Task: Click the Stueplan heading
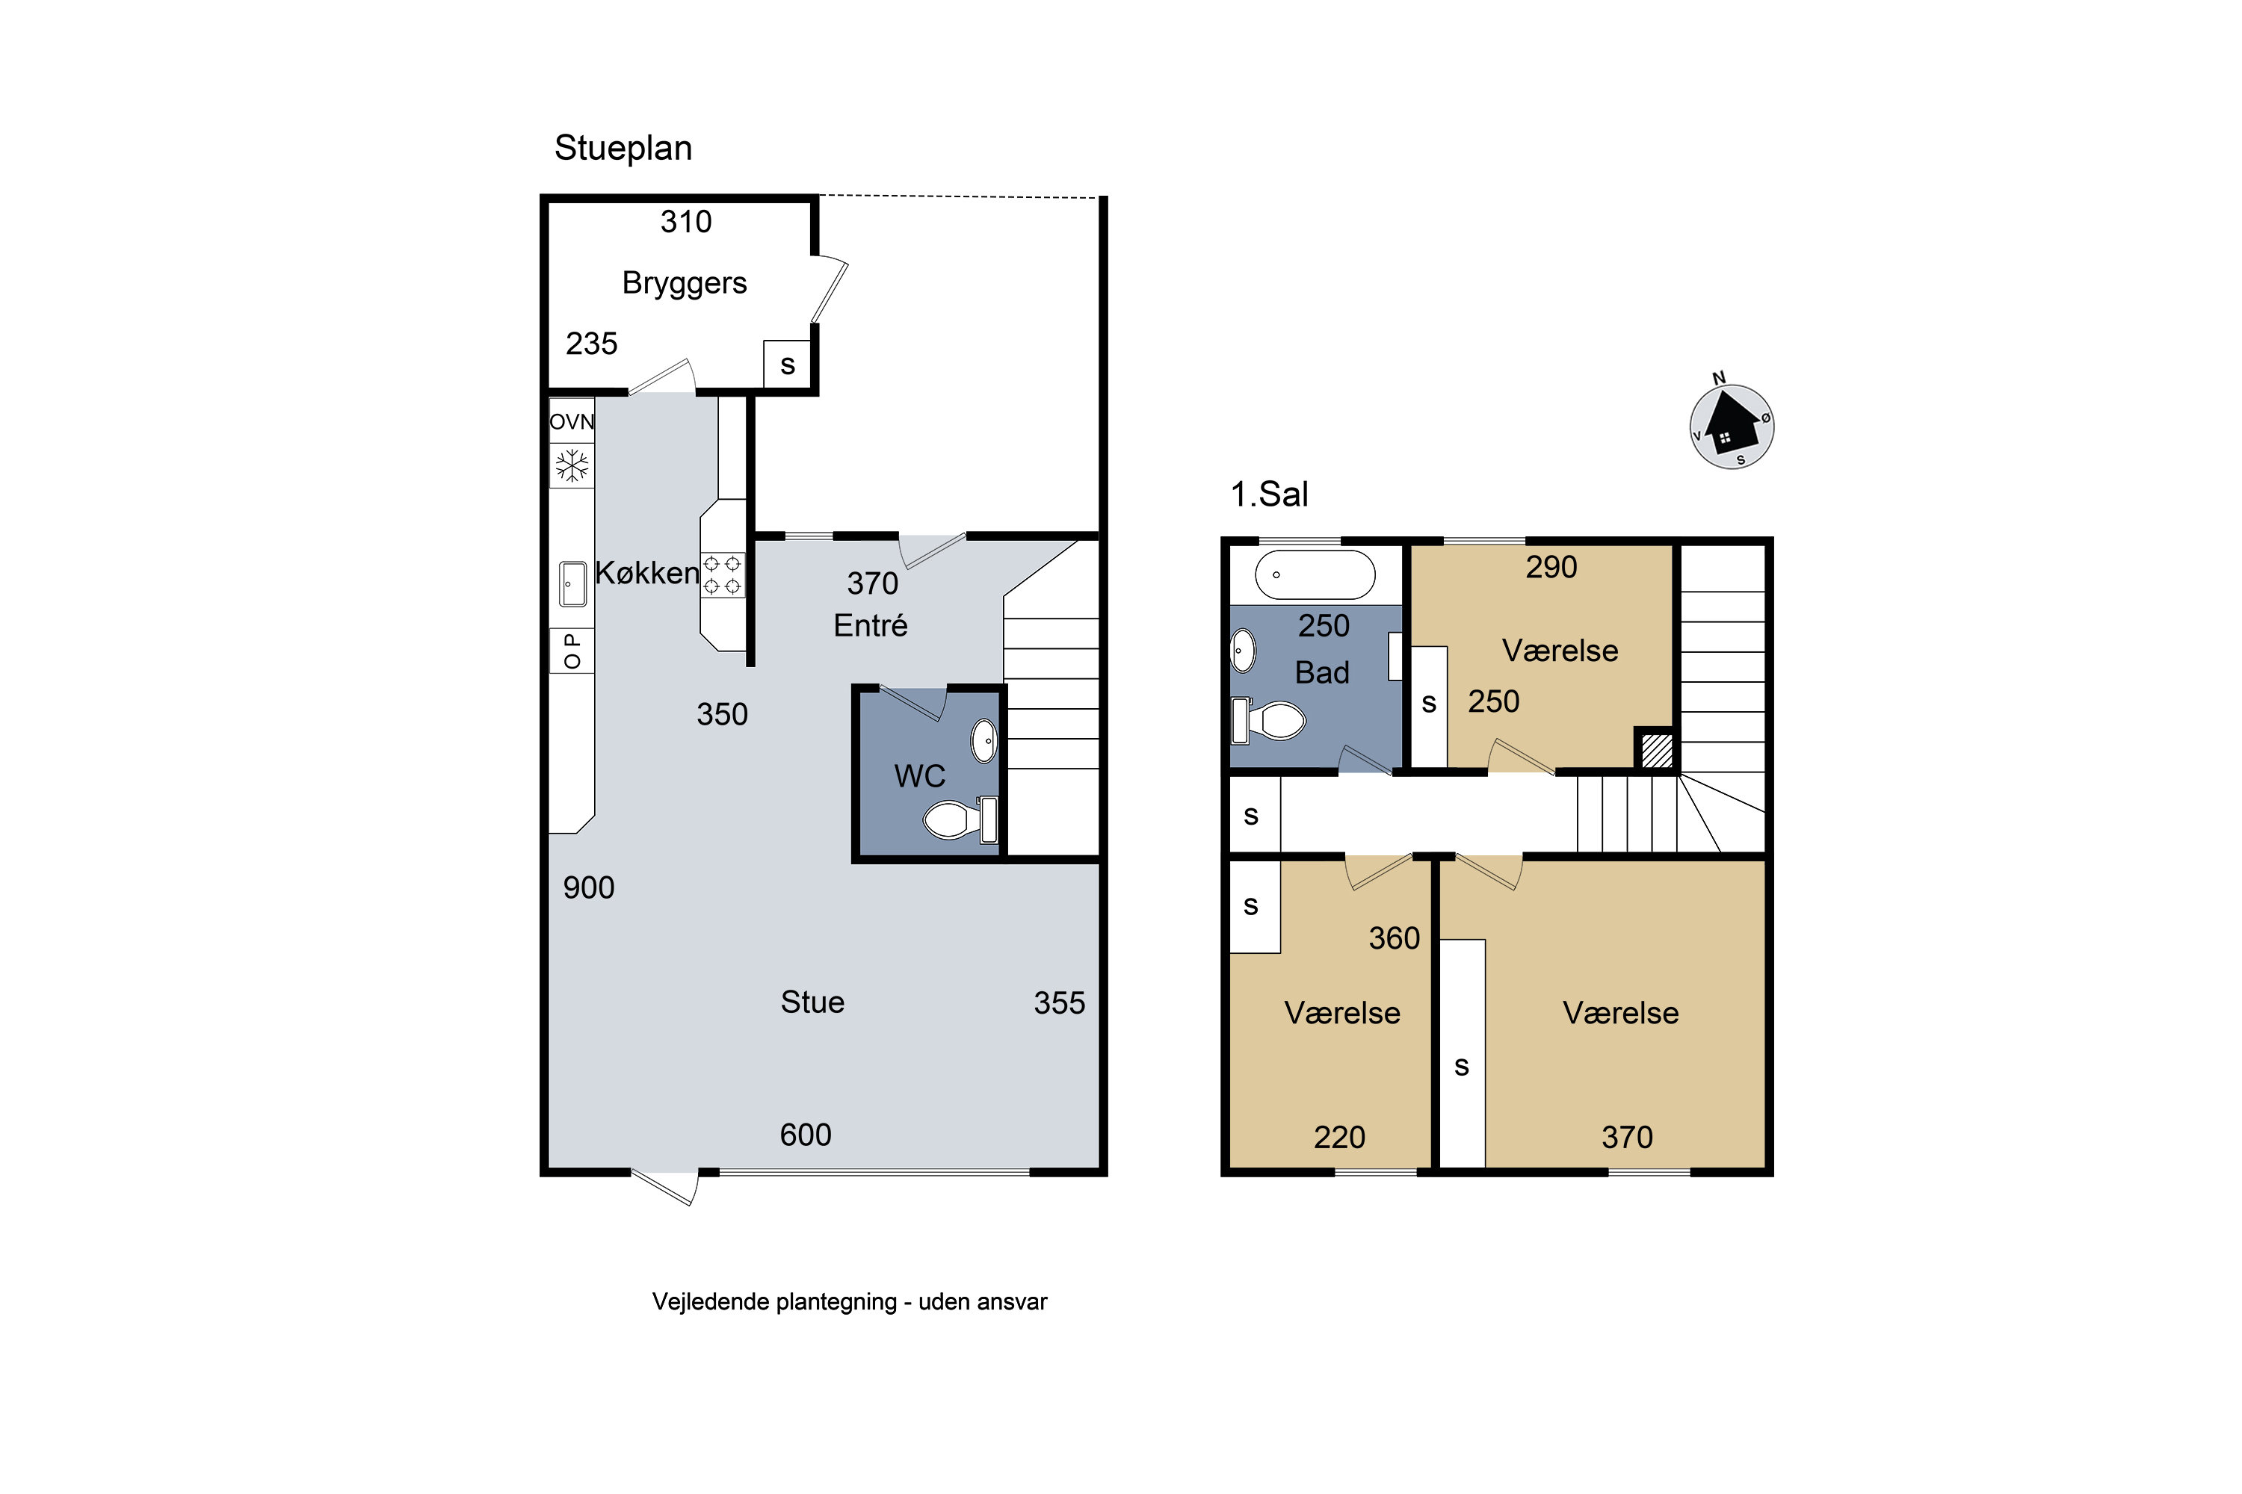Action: [x=623, y=149]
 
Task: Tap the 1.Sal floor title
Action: [x=1269, y=495]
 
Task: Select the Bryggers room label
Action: [x=685, y=284]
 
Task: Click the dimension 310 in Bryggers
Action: [x=686, y=222]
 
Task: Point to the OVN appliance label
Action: [x=572, y=421]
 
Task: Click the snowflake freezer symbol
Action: [x=572, y=466]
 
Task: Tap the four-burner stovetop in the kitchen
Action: [x=722, y=575]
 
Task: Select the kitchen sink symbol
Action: [x=572, y=583]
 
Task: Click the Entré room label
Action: [x=871, y=626]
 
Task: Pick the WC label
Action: [x=920, y=777]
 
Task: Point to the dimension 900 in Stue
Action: [x=589, y=888]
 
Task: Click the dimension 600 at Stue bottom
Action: [x=806, y=1135]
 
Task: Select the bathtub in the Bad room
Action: [x=1315, y=574]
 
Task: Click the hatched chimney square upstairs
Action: [x=1657, y=750]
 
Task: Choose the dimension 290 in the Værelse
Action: [x=1552, y=568]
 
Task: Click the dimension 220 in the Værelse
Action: [x=1339, y=1138]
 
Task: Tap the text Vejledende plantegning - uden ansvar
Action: [x=849, y=1303]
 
